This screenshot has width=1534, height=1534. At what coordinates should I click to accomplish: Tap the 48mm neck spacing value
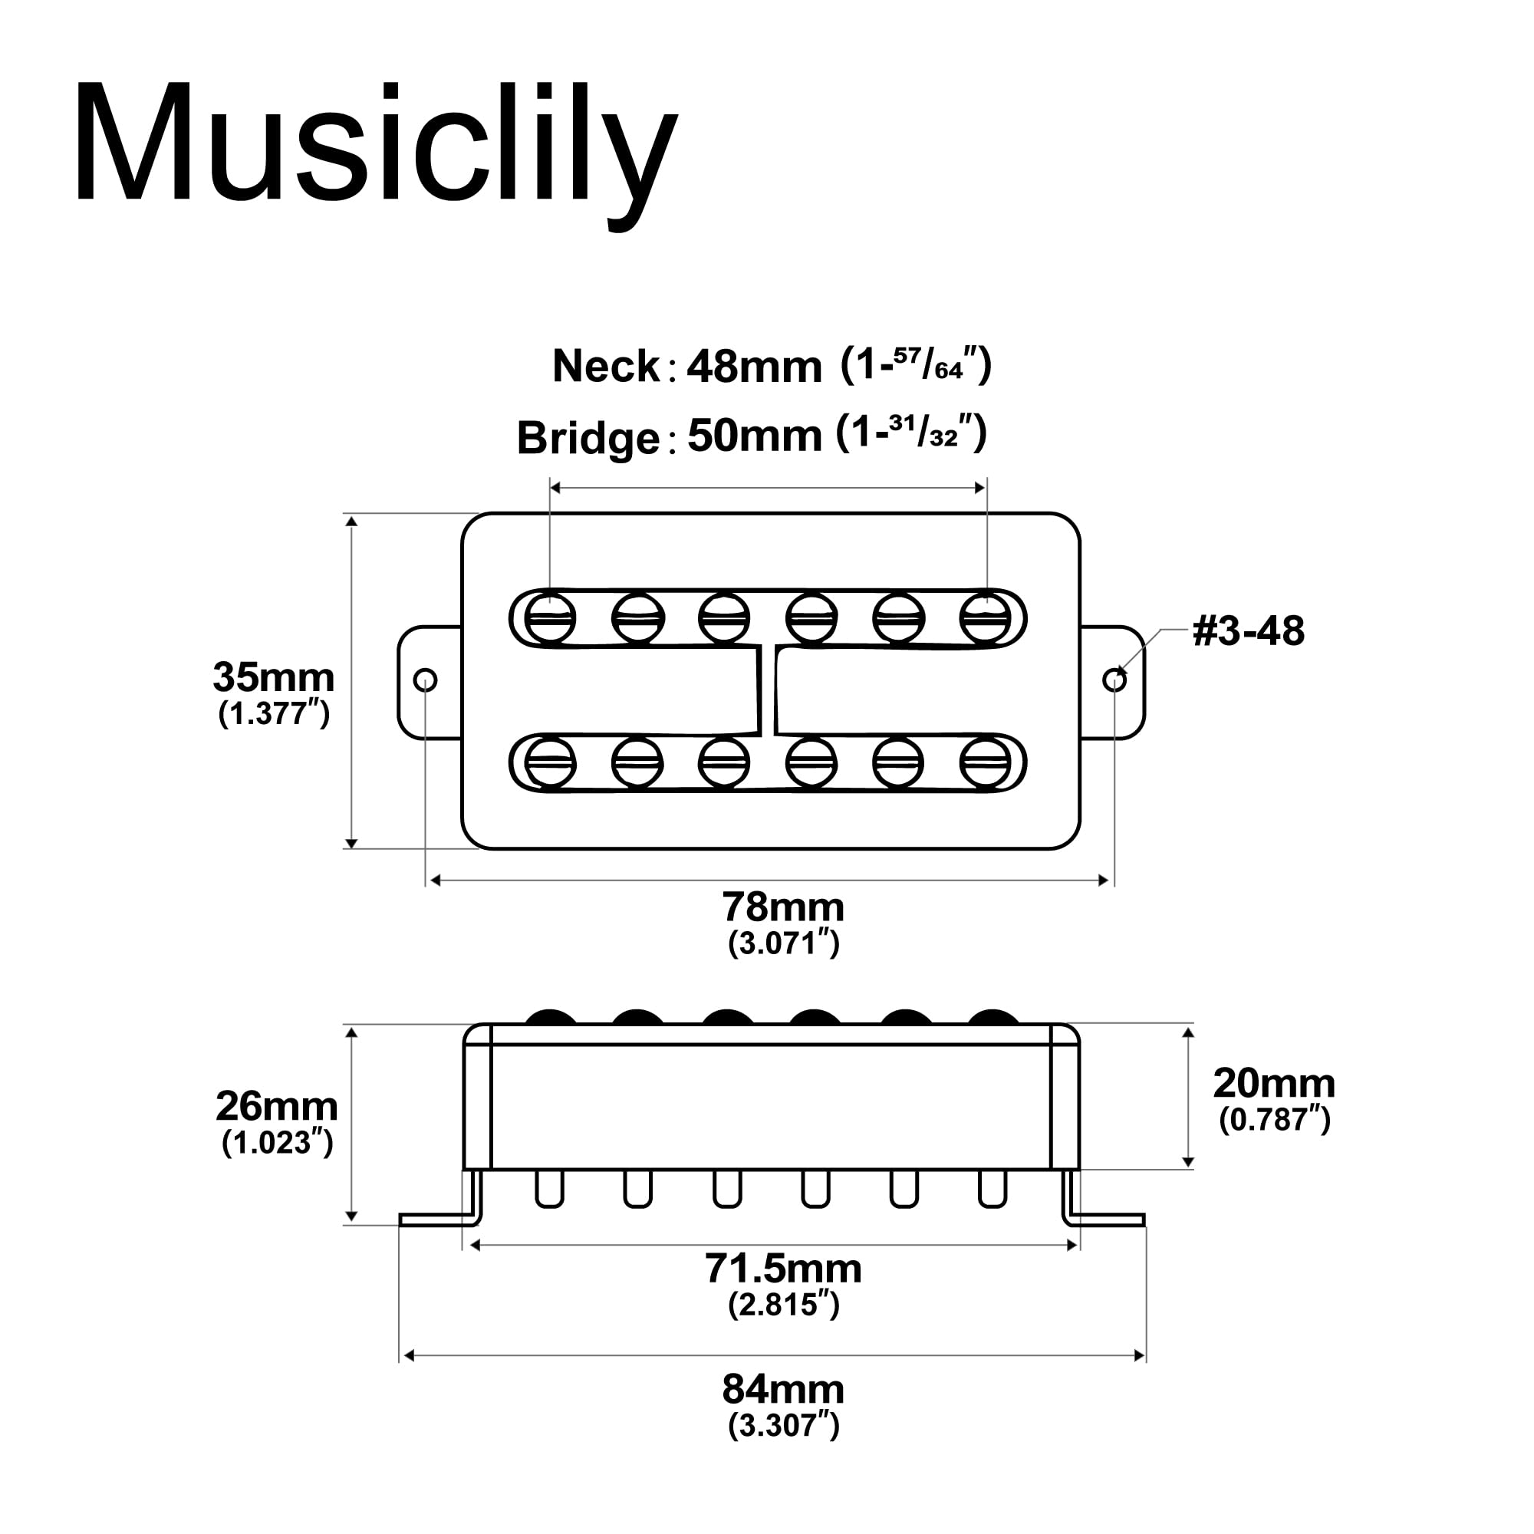[753, 367]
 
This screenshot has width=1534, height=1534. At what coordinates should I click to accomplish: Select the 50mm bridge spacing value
[753, 436]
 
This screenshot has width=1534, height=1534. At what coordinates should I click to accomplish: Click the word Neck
[606, 367]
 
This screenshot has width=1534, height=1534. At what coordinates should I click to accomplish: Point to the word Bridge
[588, 437]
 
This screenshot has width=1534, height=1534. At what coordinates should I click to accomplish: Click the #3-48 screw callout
[1248, 632]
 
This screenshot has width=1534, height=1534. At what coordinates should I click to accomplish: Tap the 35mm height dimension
[273, 678]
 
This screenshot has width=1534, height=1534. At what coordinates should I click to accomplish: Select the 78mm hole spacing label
[783, 907]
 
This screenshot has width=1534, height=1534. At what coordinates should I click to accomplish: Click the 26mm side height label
[276, 1106]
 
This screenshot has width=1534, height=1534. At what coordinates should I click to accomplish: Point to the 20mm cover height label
[1273, 1083]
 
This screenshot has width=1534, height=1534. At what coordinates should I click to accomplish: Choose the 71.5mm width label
[783, 1268]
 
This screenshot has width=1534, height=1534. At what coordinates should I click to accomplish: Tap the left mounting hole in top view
[426, 680]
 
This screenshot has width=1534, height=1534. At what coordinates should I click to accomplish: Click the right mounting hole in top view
[1114, 680]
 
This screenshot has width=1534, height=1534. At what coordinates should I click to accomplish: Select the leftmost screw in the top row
[549, 617]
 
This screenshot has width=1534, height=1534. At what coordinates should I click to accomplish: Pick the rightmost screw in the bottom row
[986, 763]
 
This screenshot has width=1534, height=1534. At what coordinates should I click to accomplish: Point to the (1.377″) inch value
[274, 714]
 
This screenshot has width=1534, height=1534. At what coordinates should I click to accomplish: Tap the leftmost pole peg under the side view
[549, 1190]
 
